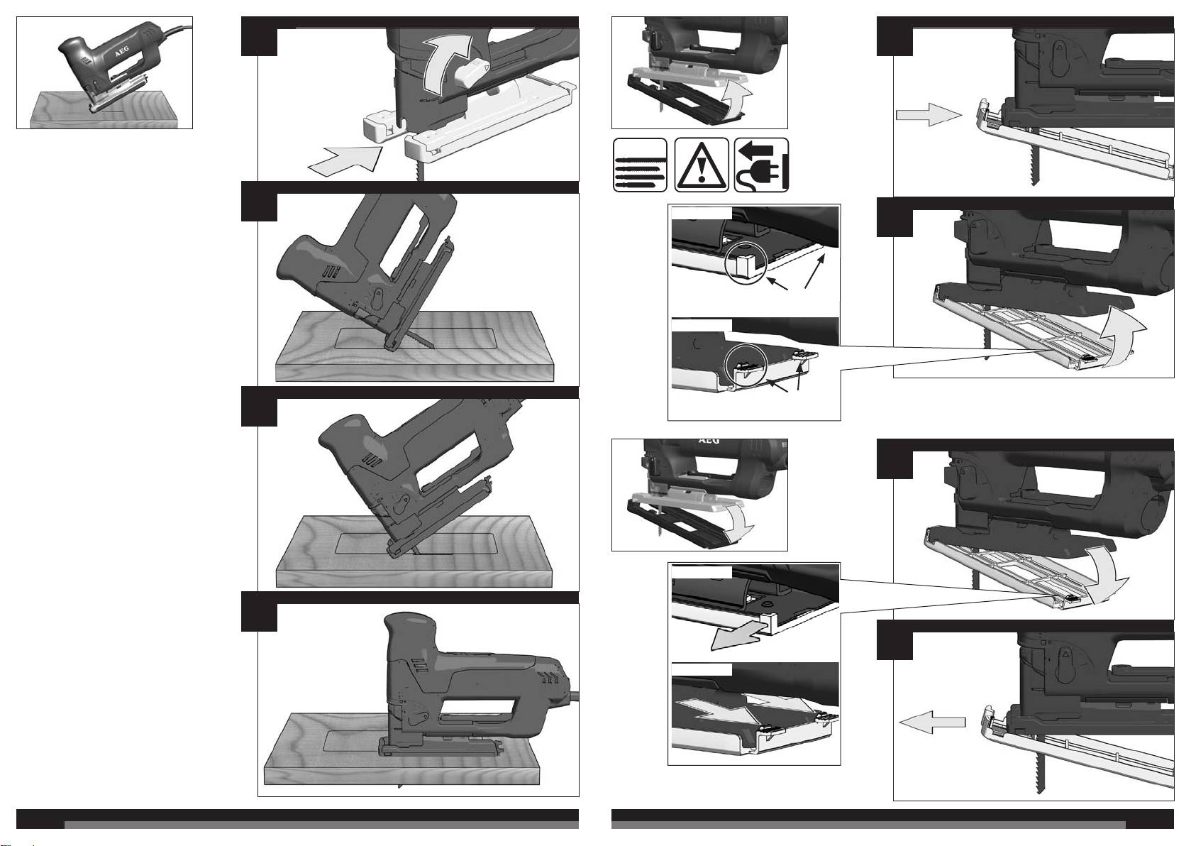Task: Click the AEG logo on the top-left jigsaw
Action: click(123, 54)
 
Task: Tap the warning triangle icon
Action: click(702, 165)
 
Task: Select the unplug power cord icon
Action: click(762, 165)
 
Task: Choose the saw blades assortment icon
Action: click(640, 165)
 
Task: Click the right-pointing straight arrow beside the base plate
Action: click(929, 115)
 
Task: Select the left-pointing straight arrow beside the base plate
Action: click(932, 722)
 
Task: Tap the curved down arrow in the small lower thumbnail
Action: click(739, 520)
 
